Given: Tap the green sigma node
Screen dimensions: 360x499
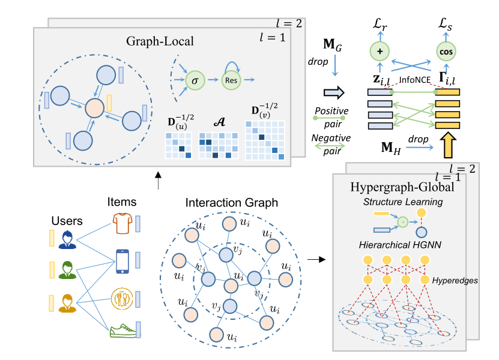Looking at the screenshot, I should [193, 80].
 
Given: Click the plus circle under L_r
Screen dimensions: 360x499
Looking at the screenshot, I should [380, 52].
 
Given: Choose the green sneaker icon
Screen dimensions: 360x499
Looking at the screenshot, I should [122, 331].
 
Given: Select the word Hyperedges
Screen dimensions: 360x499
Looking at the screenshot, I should [449, 280].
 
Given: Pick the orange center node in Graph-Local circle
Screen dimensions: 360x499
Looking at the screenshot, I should [95, 109].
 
